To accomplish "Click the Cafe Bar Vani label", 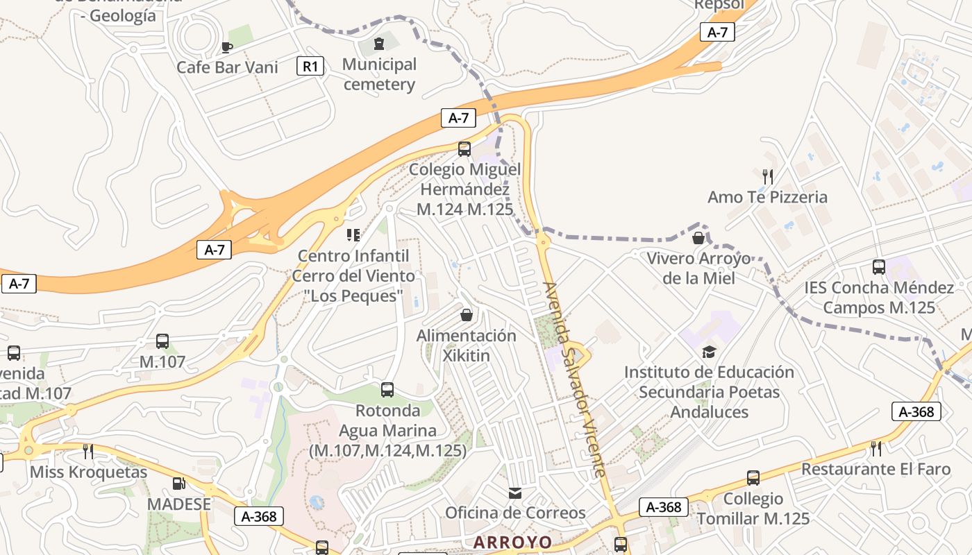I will pos(227,67).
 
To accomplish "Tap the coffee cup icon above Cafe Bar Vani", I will pos(226,47).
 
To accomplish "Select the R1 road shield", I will pos(310,67).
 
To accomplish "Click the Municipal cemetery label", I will pos(379,74).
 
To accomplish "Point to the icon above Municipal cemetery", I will pos(378,44).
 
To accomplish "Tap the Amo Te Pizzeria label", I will pos(767,197).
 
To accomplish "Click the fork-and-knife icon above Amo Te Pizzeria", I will pos(767,176).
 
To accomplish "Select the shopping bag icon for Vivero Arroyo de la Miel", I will pos(698,238).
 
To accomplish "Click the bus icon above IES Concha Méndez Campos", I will pos(878,267).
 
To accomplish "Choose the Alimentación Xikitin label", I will pos(466,345).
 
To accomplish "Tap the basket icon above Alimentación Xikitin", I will pos(467,315).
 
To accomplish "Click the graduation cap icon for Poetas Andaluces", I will pos(709,352).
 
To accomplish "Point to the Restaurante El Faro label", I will pos(875,469).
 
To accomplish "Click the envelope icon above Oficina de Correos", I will pos(515,493).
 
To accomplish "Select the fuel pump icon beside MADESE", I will pos(179,483).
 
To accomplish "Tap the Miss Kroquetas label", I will pos(88,472).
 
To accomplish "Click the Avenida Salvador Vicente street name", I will pos(574,379).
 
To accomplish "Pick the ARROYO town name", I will pos(513,542).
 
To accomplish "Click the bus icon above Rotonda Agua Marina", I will pos(387,390).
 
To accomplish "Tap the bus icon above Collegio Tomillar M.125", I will pos(753,477).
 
